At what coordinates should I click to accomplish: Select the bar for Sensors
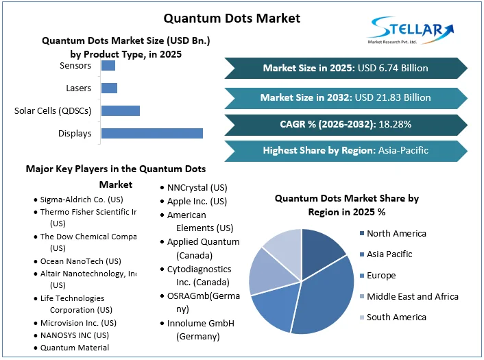[x=108, y=66]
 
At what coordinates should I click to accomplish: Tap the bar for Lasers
[x=109, y=88]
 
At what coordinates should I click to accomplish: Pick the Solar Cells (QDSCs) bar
[x=121, y=110]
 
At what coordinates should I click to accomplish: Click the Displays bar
[x=152, y=133]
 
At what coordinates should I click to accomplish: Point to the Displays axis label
[x=75, y=133]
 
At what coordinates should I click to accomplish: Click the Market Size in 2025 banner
[x=346, y=68]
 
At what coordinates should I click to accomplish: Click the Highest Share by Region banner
[x=346, y=151]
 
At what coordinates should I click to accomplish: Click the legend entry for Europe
[x=380, y=275]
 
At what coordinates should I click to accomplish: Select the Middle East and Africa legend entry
[x=412, y=296]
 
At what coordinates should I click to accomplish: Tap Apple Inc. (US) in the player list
[x=197, y=202]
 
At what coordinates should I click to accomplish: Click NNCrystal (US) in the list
[x=197, y=187]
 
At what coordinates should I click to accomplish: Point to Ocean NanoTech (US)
[x=80, y=261]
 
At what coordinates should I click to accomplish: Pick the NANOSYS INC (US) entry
[x=74, y=335]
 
